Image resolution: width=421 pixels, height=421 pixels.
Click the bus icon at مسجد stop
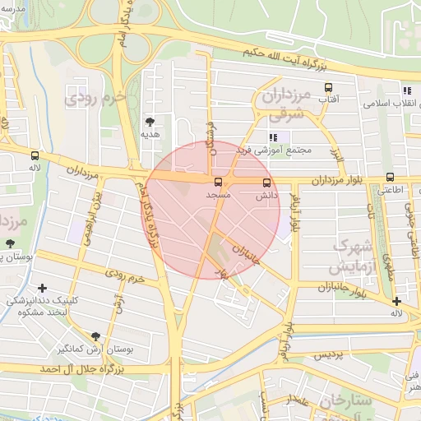click(x=219, y=182)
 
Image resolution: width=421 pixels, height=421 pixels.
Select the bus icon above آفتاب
click(x=329, y=87)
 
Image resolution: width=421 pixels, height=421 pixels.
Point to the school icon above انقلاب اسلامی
click(x=406, y=90)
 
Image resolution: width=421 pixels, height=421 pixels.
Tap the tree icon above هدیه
click(x=150, y=120)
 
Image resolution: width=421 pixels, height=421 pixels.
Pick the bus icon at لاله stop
click(x=35, y=155)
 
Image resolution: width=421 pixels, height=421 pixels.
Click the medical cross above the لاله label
click(x=397, y=301)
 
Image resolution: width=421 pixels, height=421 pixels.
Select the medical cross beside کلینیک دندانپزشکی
click(x=42, y=288)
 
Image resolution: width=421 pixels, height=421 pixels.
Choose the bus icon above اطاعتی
click(x=390, y=176)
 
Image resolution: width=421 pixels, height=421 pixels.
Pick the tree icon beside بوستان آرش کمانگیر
click(x=96, y=335)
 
